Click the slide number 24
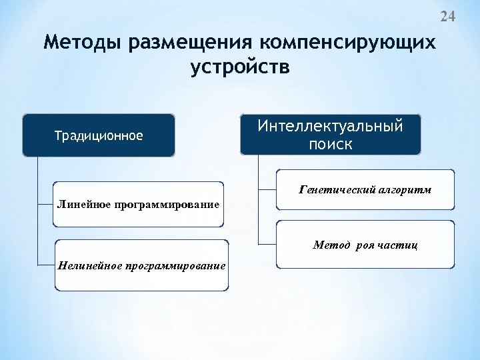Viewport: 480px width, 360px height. [x=447, y=17]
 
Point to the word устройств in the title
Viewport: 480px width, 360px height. [x=240, y=67]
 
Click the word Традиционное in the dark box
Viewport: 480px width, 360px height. [x=99, y=136]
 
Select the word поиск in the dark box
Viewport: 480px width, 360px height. [x=331, y=144]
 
